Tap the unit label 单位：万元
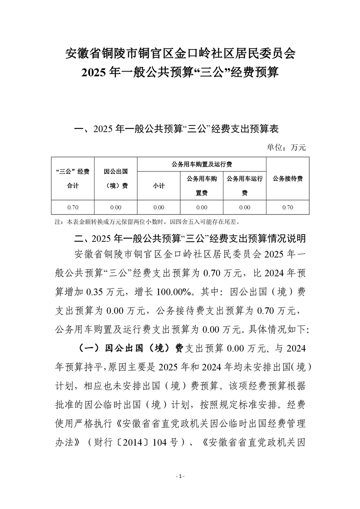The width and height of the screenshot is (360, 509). (x=286, y=147)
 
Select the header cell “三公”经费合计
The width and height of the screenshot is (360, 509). (x=73, y=179)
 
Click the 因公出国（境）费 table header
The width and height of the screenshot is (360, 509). (x=115, y=179)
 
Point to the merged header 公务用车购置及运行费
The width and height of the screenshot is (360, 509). (x=202, y=164)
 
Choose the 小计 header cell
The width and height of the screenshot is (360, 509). (x=158, y=186)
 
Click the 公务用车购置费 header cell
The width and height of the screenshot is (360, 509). (x=202, y=186)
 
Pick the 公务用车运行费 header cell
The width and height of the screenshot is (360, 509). (x=245, y=186)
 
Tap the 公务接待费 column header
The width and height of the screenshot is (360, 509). (x=287, y=179)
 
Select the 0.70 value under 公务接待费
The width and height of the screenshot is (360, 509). (x=287, y=207)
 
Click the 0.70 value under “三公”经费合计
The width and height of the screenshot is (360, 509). (x=73, y=207)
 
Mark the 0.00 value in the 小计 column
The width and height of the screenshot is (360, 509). (x=158, y=207)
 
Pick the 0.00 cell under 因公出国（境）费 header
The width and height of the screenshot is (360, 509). (x=115, y=207)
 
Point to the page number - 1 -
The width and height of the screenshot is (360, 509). (x=180, y=476)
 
